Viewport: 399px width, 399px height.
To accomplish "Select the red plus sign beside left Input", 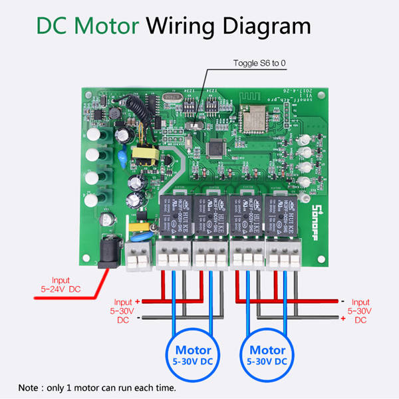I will tap(138, 302).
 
